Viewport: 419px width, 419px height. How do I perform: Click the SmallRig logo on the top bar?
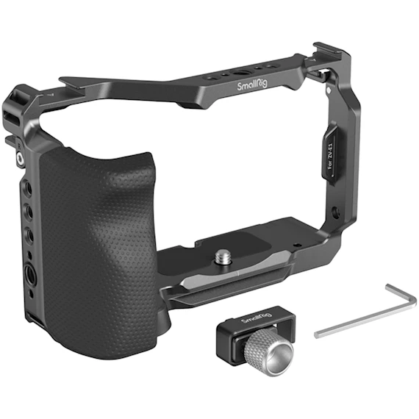coord(252,85)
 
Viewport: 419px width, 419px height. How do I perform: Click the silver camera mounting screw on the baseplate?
coord(224,257)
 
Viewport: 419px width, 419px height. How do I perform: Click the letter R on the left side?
coord(19,146)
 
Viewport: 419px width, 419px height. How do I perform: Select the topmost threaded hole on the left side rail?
coord(28,188)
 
